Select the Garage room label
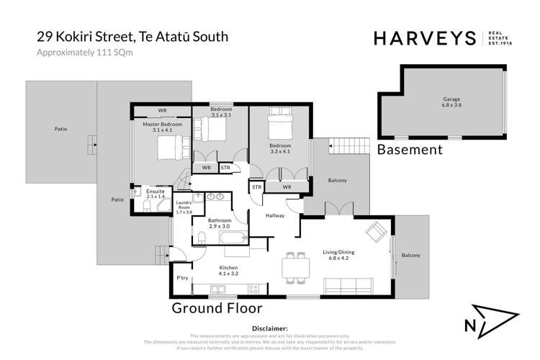point(451,102)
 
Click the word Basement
point(410,150)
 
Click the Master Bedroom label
point(162,127)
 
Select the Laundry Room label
point(184,207)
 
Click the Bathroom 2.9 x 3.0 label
point(220,223)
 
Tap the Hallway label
point(275,215)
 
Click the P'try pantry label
point(182,278)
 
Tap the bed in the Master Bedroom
point(173,148)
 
